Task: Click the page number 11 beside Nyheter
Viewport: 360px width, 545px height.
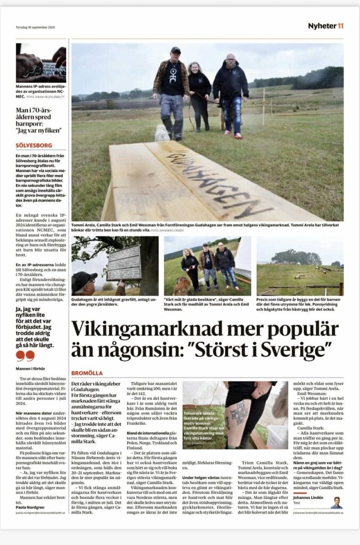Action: tap(340, 26)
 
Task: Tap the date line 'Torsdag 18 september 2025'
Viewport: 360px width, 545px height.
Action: tap(35, 27)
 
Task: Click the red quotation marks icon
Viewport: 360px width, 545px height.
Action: tap(25, 356)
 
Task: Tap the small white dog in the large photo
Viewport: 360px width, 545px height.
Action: tap(162, 133)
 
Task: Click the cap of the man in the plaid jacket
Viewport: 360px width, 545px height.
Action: tap(175, 50)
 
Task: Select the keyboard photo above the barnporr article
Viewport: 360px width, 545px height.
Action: tap(41, 63)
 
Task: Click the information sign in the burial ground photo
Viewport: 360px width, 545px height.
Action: tap(124, 262)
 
